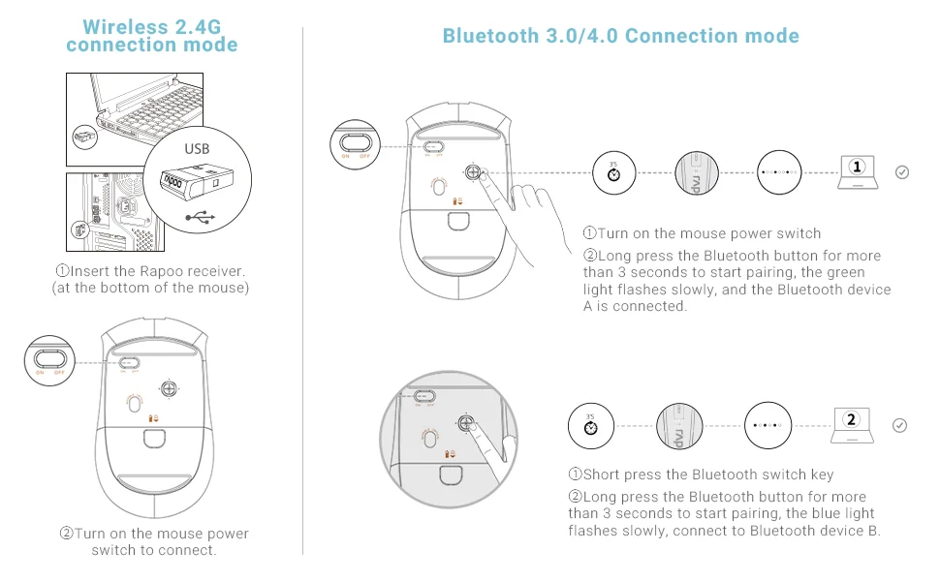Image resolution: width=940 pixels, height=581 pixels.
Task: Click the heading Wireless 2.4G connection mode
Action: pyautogui.click(x=152, y=36)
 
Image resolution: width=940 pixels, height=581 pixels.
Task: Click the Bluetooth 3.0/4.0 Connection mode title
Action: pyautogui.click(x=620, y=37)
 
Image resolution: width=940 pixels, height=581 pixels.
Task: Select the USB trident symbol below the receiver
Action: pyautogui.click(x=198, y=218)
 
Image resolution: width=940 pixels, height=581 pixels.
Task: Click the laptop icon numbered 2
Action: pyautogui.click(x=852, y=422)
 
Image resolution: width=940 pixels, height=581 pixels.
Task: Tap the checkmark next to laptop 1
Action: pyautogui.click(x=902, y=172)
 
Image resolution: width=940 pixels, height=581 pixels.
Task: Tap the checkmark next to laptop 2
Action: pyautogui.click(x=899, y=425)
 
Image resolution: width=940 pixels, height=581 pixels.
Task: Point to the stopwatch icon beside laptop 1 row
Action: pyautogui.click(x=613, y=173)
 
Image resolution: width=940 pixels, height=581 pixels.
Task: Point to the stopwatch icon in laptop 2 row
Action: pyautogui.click(x=590, y=425)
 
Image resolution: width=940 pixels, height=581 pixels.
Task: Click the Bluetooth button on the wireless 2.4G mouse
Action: pyautogui.click(x=169, y=387)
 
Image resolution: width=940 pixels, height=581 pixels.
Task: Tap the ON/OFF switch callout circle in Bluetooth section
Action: pyautogui.click(x=353, y=142)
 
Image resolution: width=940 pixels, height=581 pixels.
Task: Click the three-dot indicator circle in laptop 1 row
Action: pyautogui.click(x=779, y=173)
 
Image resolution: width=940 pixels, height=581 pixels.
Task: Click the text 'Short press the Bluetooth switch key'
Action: pyautogui.click(x=701, y=474)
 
